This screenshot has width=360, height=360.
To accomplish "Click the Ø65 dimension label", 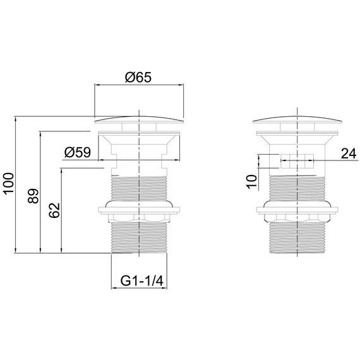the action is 138,78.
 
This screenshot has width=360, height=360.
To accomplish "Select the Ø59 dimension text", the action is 78,152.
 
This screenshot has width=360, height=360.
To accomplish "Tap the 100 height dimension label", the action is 8,184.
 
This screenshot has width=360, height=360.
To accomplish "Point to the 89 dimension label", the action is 33,196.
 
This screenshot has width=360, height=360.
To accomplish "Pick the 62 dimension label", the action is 54,210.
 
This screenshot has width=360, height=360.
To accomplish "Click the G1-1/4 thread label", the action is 142,280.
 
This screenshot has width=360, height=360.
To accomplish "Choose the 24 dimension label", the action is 349,153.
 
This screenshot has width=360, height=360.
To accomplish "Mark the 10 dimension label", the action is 251,182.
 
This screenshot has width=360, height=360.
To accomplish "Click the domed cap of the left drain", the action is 139,119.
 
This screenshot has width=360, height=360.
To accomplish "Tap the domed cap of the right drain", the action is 297,119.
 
